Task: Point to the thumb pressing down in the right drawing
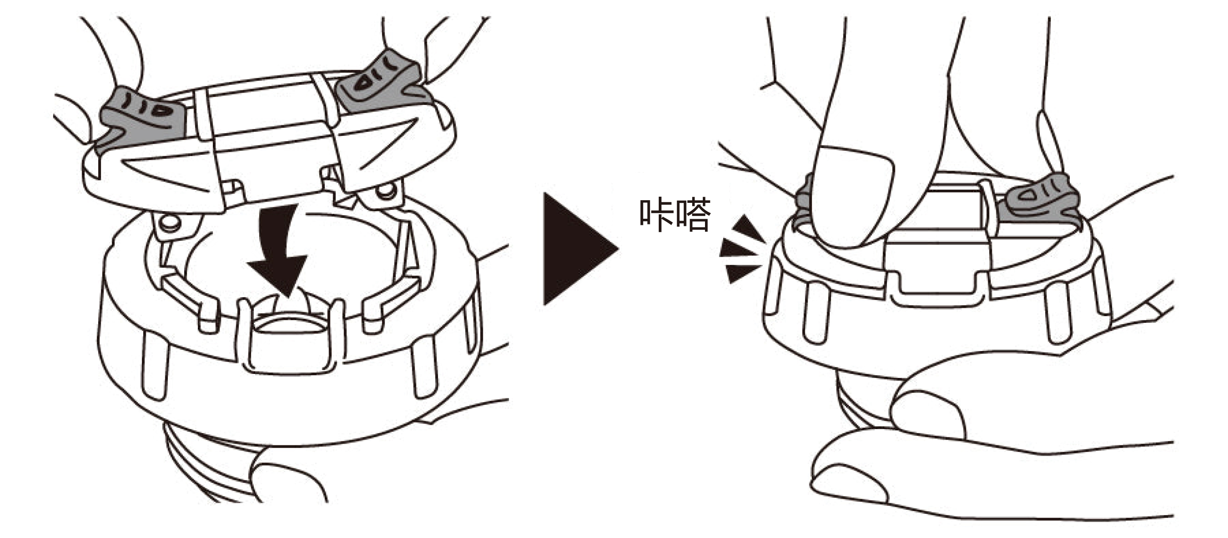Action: click(x=853, y=195)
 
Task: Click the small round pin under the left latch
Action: click(x=169, y=222)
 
